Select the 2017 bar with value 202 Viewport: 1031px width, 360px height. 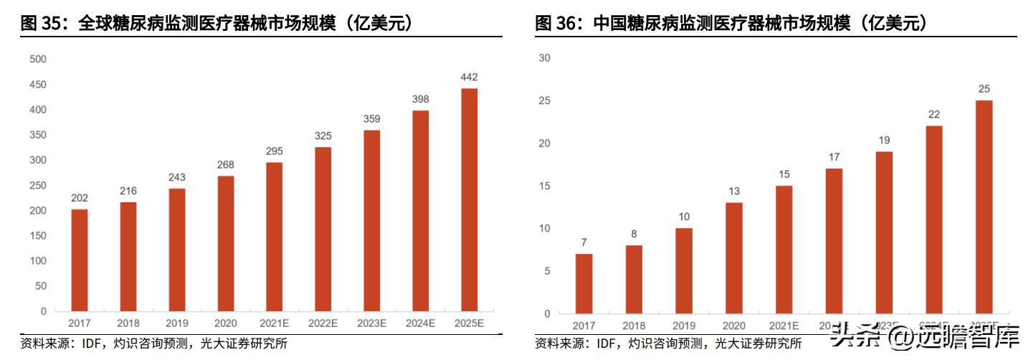tap(80, 260)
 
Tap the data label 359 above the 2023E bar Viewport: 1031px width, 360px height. tap(371, 119)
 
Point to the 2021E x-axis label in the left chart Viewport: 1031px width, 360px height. tap(274, 323)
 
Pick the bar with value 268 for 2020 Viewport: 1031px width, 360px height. tap(225, 243)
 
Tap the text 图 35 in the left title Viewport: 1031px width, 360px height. tap(39, 24)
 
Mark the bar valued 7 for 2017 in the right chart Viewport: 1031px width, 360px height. tap(584, 283)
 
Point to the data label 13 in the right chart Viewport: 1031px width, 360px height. tap(733, 191)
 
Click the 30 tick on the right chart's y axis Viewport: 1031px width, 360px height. tap(543, 58)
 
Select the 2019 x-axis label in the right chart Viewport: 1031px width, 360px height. tap(684, 326)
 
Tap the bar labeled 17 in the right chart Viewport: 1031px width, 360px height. tap(834, 241)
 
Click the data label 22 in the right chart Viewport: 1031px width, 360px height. tap(934, 115)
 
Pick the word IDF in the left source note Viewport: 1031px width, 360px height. tap(85, 344)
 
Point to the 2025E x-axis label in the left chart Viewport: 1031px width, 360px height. tap(469, 323)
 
